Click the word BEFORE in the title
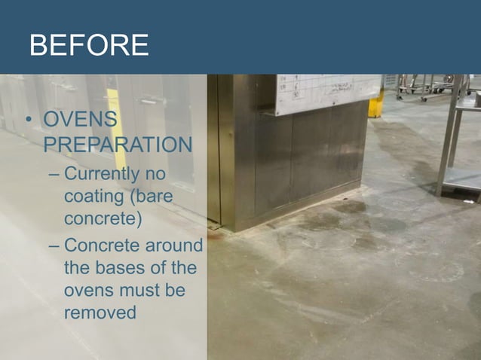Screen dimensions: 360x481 click(x=88, y=45)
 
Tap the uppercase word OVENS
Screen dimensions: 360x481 click(x=80, y=121)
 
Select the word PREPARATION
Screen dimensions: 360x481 click(x=112, y=143)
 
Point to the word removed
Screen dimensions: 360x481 click(x=100, y=310)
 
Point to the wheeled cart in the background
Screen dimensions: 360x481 click(x=422, y=87)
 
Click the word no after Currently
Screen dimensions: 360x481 click(x=155, y=175)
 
